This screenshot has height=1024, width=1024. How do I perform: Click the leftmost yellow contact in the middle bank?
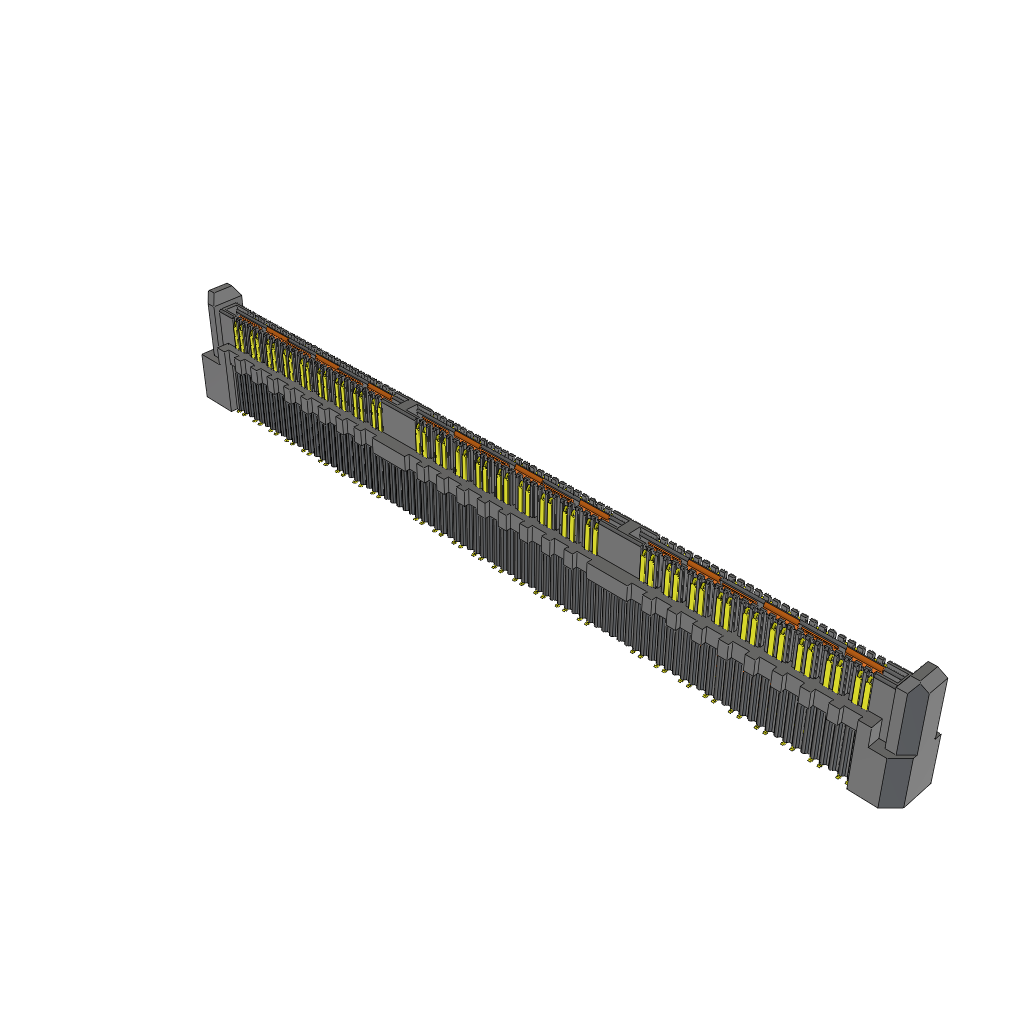tap(421, 440)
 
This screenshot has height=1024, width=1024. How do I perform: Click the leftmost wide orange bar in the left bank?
tap(277, 337)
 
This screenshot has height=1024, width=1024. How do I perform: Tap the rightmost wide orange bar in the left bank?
tap(379, 389)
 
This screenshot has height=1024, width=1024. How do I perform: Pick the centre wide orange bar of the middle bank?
tap(529, 471)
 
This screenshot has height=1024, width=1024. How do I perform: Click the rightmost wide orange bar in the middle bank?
tap(594, 509)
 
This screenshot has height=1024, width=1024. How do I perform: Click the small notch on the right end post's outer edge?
tap(939, 736)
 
